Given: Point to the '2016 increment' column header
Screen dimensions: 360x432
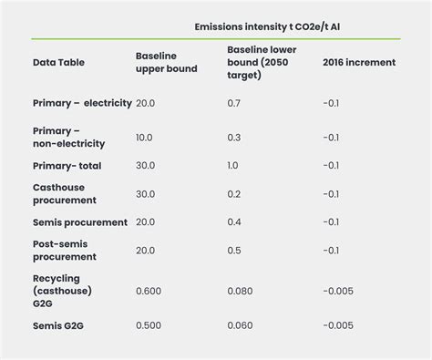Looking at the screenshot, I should (359, 64).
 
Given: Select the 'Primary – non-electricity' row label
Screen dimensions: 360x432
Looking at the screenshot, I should (68, 137).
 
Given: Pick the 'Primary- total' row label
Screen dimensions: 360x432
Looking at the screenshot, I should (67, 166).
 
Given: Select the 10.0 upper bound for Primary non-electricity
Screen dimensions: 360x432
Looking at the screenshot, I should (145, 137).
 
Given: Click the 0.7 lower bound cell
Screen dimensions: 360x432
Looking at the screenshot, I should (233, 103).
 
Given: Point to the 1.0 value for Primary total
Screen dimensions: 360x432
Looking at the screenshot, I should (233, 166).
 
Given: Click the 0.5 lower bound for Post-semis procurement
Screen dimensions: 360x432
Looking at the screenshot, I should (233, 250).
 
